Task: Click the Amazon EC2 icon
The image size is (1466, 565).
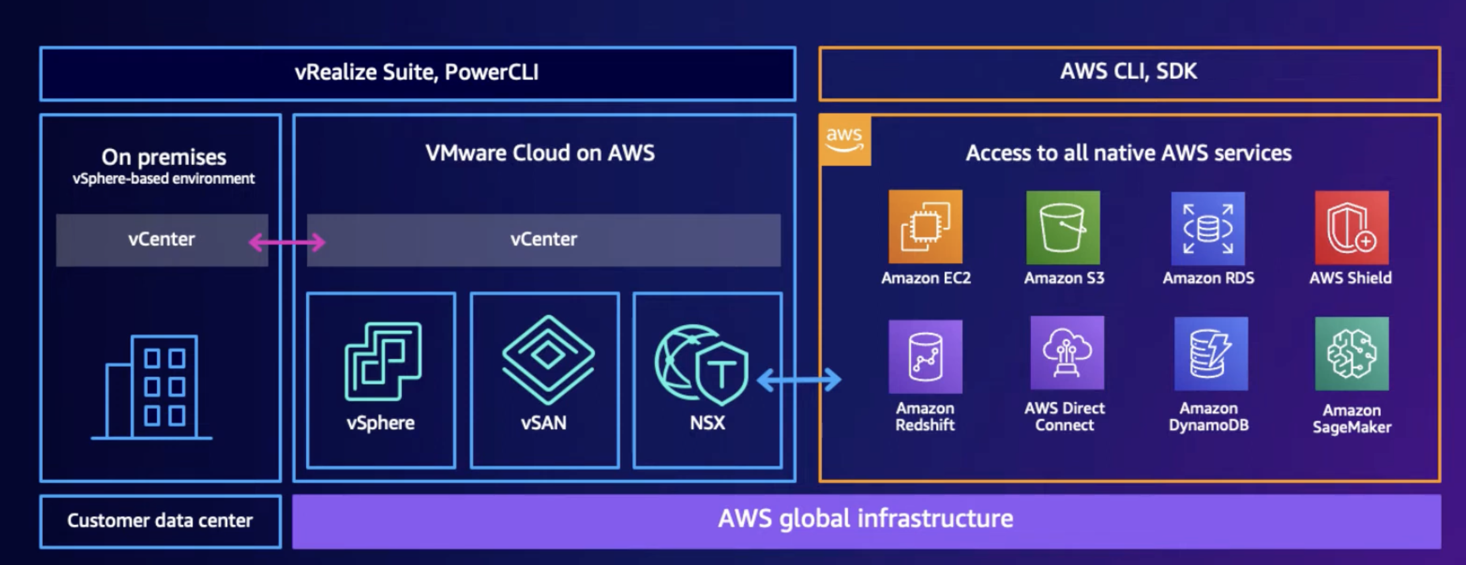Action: (x=925, y=227)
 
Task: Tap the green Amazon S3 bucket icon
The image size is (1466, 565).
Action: (x=1063, y=227)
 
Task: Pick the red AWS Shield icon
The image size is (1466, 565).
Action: (x=1351, y=227)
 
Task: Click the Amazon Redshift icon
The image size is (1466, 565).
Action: (x=925, y=356)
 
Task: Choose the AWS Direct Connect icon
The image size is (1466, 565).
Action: (x=1067, y=353)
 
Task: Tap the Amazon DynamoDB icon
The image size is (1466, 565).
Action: (x=1211, y=354)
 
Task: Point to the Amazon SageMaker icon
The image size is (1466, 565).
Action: (x=1351, y=354)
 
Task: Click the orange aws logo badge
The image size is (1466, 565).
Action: (x=845, y=139)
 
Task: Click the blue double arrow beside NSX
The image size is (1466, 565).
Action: (x=799, y=379)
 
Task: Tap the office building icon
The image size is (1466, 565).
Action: (x=152, y=387)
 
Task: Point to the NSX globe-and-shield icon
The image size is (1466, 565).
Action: (x=701, y=364)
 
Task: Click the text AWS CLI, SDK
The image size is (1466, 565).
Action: (x=1128, y=72)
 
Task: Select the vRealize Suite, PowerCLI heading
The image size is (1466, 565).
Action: (x=417, y=73)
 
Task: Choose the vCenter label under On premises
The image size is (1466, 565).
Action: (x=162, y=240)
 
